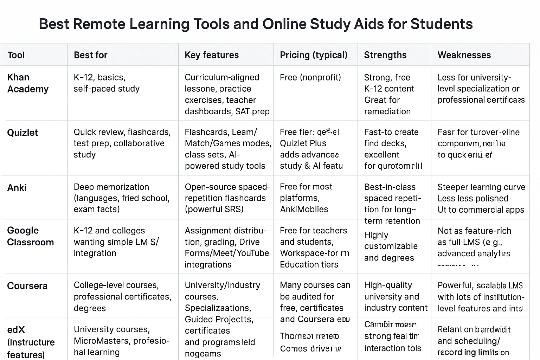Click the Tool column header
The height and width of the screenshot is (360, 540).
(16, 55)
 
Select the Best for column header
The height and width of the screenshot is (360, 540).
(91, 55)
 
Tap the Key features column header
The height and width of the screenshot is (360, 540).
(212, 55)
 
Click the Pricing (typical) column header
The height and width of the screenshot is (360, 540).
(314, 55)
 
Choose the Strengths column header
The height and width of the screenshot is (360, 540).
(385, 55)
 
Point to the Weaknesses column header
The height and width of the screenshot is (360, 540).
(464, 55)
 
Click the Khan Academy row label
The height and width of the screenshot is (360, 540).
(28, 83)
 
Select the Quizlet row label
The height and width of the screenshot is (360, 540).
(22, 133)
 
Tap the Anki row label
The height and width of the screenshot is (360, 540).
(17, 188)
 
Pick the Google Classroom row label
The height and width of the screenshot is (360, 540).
(30, 236)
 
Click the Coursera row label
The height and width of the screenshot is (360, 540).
(27, 286)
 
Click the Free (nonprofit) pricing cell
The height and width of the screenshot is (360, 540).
(310, 77)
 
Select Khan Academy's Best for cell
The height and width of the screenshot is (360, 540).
(107, 83)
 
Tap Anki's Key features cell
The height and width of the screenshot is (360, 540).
(225, 198)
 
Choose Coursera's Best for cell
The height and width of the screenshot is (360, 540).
(122, 296)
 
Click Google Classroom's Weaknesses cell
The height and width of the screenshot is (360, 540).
(474, 242)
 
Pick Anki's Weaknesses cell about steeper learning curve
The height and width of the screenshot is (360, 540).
(481, 198)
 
